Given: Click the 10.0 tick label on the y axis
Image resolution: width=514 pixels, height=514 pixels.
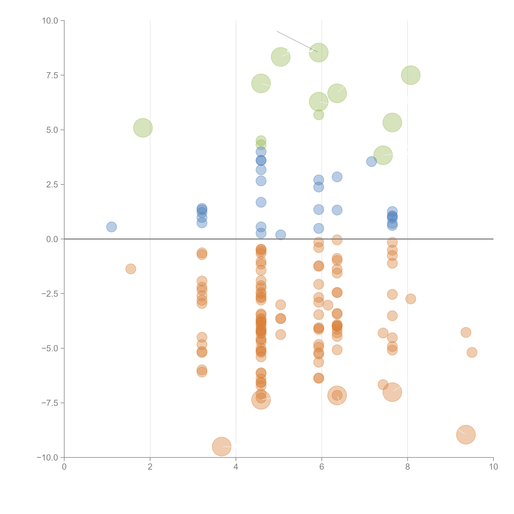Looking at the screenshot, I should [50, 21].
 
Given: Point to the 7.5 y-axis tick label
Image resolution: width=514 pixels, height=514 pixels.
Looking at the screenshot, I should [52, 75].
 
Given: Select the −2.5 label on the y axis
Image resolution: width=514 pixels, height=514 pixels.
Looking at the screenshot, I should [50, 294].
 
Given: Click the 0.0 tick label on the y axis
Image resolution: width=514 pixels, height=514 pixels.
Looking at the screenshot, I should [52, 239].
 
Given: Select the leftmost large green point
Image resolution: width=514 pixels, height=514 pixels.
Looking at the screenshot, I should [143, 128].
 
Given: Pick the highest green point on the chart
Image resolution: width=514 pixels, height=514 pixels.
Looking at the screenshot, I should [319, 52].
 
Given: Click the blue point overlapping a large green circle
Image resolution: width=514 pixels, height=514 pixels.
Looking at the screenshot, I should [371, 161].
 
